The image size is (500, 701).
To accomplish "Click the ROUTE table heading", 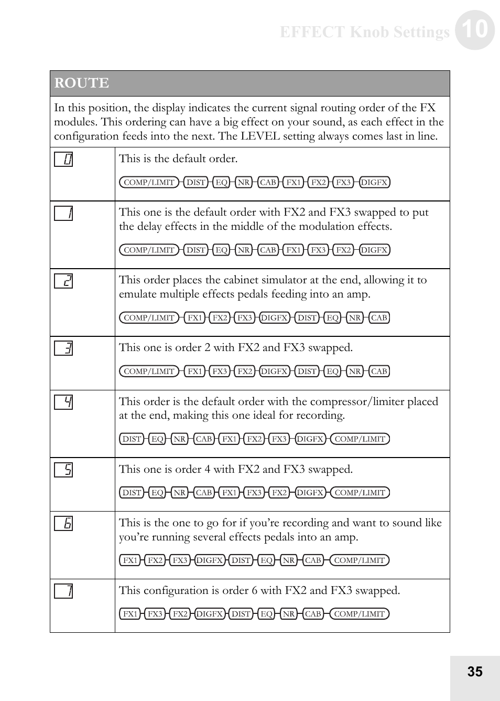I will (x=82, y=83).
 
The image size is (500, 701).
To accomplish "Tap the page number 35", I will (x=475, y=672).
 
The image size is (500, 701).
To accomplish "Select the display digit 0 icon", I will (x=63, y=159).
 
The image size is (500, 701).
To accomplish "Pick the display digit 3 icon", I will (x=63, y=348).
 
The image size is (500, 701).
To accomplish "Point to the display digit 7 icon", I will (x=63, y=591).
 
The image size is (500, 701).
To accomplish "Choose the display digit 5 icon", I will (x=63, y=470).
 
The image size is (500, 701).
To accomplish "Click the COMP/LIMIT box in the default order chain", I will (x=149, y=182).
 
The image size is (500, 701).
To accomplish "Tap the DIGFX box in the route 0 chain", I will (x=374, y=182).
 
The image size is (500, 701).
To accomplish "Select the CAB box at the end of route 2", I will (x=379, y=317).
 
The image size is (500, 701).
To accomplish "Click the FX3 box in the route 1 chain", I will (x=318, y=250).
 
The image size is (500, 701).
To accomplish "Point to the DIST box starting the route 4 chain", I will (x=132, y=439).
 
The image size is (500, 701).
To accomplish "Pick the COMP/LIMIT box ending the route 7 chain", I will (x=360, y=613).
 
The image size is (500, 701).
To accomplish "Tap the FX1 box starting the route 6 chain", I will (x=130, y=560).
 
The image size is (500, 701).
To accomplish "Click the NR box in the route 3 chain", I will (x=355, y=371).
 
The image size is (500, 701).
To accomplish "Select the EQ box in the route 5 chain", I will (x=157, y=492).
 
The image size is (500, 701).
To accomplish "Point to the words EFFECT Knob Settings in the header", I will (x=364, y=32).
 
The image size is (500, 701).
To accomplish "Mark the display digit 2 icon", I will (x=63, y=281).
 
